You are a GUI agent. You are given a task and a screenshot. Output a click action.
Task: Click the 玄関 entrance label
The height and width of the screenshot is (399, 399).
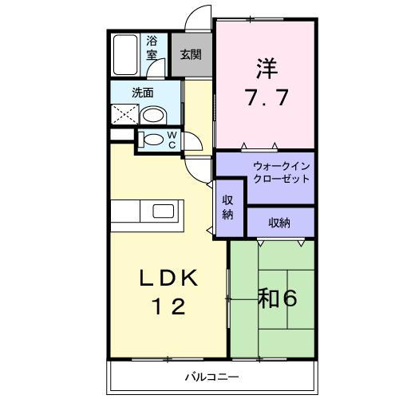[191, 55]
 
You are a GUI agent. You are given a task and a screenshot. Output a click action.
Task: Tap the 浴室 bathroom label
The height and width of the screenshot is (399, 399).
[152, 48]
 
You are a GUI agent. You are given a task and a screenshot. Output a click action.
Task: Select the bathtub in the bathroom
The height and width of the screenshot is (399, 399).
[125, 55]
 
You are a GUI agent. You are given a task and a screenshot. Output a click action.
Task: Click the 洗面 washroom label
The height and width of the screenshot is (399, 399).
[143, 93]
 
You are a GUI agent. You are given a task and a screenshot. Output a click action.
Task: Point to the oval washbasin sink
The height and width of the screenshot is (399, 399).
[153, 115]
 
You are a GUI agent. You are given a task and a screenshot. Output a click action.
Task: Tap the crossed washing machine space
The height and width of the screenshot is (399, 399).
[124, 114]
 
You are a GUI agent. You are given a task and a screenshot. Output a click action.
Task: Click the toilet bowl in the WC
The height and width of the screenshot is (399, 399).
[152, 140]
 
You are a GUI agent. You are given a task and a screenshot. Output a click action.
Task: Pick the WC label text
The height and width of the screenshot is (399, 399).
[172, 140]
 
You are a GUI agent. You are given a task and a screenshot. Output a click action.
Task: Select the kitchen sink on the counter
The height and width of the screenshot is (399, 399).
[163, 211]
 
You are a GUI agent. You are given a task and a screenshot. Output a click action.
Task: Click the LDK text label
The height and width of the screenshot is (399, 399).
[169, 278]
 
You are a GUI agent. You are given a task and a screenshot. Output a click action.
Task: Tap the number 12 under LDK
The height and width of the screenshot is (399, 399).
[168, 306]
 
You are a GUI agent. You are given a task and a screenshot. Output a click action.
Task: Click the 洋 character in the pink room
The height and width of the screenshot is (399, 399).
[267, 68]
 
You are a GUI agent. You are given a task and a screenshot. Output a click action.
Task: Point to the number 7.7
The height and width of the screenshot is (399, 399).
[267, 97]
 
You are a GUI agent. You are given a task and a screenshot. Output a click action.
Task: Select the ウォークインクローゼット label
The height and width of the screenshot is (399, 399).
[282, 172]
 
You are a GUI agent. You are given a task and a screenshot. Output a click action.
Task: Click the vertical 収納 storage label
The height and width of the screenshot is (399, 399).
[227, 207]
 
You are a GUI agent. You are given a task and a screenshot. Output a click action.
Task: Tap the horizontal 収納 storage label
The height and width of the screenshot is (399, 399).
[279, 223]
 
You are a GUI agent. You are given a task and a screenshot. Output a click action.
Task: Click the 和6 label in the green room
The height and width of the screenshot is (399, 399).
[278, 298]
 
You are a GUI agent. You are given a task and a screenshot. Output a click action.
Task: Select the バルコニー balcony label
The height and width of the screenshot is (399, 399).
[212, 377]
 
